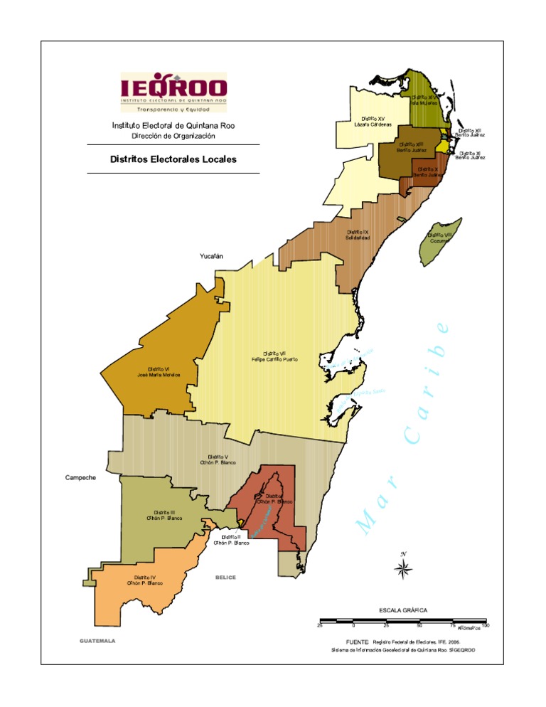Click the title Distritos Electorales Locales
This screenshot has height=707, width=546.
click(x=173, y=159)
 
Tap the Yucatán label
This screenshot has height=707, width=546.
click(x=211, y=255)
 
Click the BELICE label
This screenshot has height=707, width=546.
click(x=225, y=578)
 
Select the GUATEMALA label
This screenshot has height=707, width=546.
click(x=97, y=641)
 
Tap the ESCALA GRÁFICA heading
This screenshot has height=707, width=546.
click(x=402, y=610)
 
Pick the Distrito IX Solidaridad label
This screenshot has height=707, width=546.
click(x=358, y=235)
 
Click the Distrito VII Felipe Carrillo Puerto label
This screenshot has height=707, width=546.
click(x=274, y=356)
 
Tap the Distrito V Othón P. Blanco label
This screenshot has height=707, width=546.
click(x=218, y=459)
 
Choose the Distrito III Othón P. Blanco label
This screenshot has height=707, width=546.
click(x=164, y=515)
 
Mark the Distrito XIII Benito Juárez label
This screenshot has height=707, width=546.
click(x=412, y=147)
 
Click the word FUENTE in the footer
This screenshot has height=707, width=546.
click(x=357, y=641)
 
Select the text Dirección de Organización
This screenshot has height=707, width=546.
click(x=173, y=136)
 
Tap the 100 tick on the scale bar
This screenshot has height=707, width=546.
click(x=486, y=625)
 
